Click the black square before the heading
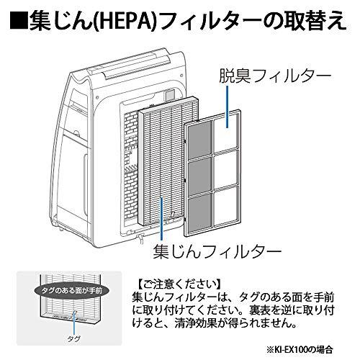pyautogui.click(x=19, y=21)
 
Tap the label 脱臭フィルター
pyautogui.click(x=275, y=76)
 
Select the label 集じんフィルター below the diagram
pyautogui.click(x=217, y=251)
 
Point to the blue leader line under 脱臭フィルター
pyautogui.click(x=227, y=107)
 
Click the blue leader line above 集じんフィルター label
pyautogui.click(x=162, y=218)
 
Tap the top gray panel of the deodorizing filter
pyautogui.click(x=199, y=139)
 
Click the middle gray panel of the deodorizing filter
pyautogui.click(x=200, y=177)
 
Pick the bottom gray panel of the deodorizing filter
pyautogui.click(x=200, y=213)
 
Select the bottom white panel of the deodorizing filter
pyautogui.click(x=225, y=206)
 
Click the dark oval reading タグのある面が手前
pyautogui.click(x=72, y=291)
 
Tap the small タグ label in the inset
pyautogui.click(x=73, y=339)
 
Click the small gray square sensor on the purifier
pyautogui.click(x=170, y=94)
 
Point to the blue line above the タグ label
pyautogui.click(x=75, y=323)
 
